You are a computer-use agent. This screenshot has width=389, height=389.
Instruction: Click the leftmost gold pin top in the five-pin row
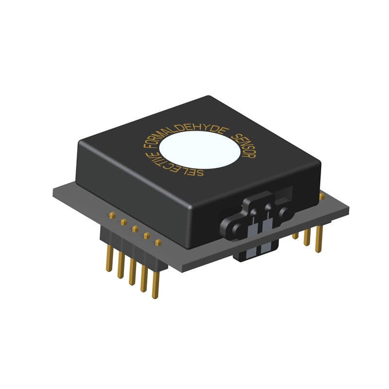112,215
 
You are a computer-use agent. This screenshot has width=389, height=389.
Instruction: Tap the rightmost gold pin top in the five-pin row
158,242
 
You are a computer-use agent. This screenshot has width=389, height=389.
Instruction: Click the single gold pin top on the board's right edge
321,196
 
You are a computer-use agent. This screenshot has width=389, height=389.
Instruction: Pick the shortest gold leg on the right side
296,235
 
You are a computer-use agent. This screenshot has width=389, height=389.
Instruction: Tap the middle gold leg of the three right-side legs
307,237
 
